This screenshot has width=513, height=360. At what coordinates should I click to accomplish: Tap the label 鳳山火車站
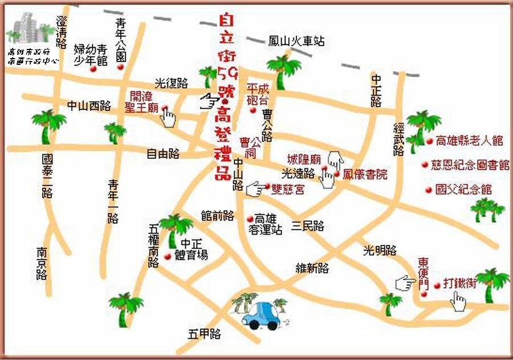(x=296, y=42)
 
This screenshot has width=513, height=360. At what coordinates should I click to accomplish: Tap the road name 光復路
(x=172, y=83)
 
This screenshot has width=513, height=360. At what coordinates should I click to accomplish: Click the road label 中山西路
(x=89, y=105)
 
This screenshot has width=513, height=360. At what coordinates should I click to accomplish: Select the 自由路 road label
(x=163, y=153)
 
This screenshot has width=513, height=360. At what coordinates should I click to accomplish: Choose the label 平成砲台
(x=256, y=95)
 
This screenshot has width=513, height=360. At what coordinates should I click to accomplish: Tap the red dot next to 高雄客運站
(x=249, y=219)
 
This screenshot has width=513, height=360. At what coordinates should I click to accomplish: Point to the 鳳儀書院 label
(x=365, y=174)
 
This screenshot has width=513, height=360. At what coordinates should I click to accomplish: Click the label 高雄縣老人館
(x=469, y=140)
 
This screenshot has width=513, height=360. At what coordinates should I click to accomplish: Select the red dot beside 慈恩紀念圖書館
(x=424, y=165)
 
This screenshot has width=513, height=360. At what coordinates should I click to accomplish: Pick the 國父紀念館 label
(x=463, y=190)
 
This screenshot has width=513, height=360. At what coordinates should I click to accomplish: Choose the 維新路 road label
(x=312, y=267)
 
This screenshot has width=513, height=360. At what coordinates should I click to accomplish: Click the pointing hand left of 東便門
(x=405, y=282)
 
